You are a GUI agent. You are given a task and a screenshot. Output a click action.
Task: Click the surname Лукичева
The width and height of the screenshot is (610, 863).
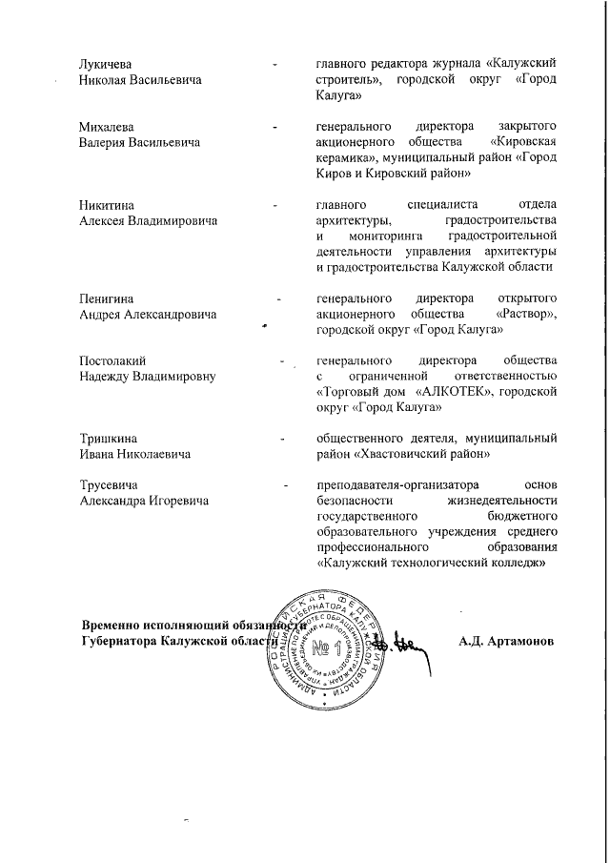(x=104, y=64)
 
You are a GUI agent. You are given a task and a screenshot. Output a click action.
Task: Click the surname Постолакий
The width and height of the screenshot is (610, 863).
(x=112, y=361)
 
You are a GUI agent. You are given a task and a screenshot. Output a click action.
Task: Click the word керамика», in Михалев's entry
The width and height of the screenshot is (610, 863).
(x=343, y=158)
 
